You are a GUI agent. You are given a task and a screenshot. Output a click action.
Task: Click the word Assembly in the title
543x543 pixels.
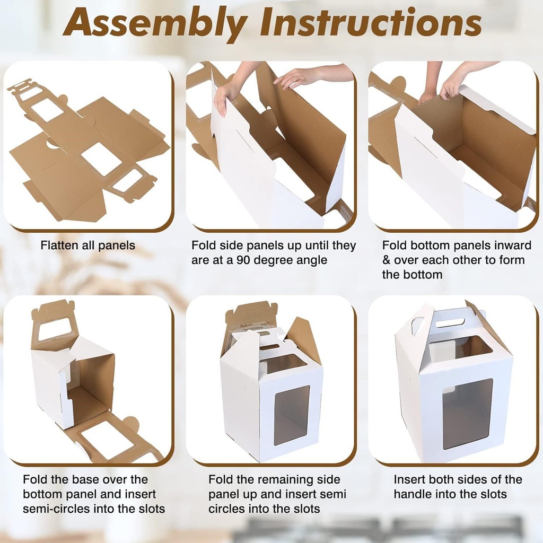155,24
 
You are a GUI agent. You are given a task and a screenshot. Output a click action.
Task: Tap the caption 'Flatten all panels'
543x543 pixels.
87,246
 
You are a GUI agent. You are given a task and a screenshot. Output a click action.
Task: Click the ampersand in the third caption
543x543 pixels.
387,260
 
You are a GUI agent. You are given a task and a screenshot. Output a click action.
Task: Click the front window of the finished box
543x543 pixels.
467,413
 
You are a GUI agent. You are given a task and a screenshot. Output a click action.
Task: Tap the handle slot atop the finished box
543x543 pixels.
450,322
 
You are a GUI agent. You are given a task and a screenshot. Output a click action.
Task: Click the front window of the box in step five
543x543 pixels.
292,415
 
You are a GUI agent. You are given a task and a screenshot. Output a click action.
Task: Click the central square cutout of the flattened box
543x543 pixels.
101,159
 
